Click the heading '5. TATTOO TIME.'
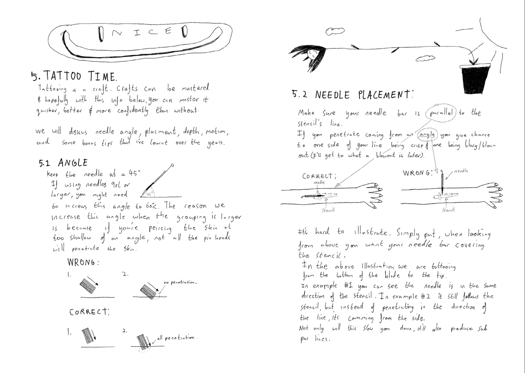click(x=74, y=76)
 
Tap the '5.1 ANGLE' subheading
click(x=63, y=163)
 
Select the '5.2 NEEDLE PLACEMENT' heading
click(x=352, y=95)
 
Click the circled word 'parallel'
click(x=441, y=113)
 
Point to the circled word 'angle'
click(x=427, y=134)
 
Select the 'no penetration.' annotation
click(x=180, y=282)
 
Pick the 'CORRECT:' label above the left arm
click(x=319, y=176)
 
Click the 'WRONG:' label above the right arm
click(x=417, y=173)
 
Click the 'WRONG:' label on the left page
click(x=83, y=262)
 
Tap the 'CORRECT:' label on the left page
click(x=89, y=312)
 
